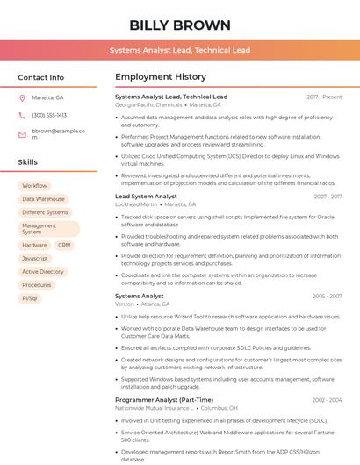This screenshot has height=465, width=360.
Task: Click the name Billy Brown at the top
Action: pos(180,25)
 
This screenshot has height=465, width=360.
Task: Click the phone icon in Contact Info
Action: pos(22,115)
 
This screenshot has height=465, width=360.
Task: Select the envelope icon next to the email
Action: pos(22,131)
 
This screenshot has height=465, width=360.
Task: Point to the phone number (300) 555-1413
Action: pos(49,115)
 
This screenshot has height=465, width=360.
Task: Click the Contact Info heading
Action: pos(40,77)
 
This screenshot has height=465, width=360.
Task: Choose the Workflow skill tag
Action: pos(35,186)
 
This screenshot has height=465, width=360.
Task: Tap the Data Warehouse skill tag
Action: pos(43,199)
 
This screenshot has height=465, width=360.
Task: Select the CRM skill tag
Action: pos(64,245)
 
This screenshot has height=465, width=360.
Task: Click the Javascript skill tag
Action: pos(35,258)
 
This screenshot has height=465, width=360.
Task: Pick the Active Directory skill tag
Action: pos(43,272)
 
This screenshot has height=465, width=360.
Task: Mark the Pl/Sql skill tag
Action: pos(30,298)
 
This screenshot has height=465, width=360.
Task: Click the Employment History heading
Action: pos(161,77)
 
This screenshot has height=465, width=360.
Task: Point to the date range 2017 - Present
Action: pos(324,97)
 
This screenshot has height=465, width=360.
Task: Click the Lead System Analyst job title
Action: pos(146,197)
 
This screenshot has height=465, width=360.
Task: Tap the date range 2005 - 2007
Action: pos(327,297)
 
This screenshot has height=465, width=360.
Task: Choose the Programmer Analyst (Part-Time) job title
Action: pos(164,400)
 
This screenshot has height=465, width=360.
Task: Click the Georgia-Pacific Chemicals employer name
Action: pos(148,104)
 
